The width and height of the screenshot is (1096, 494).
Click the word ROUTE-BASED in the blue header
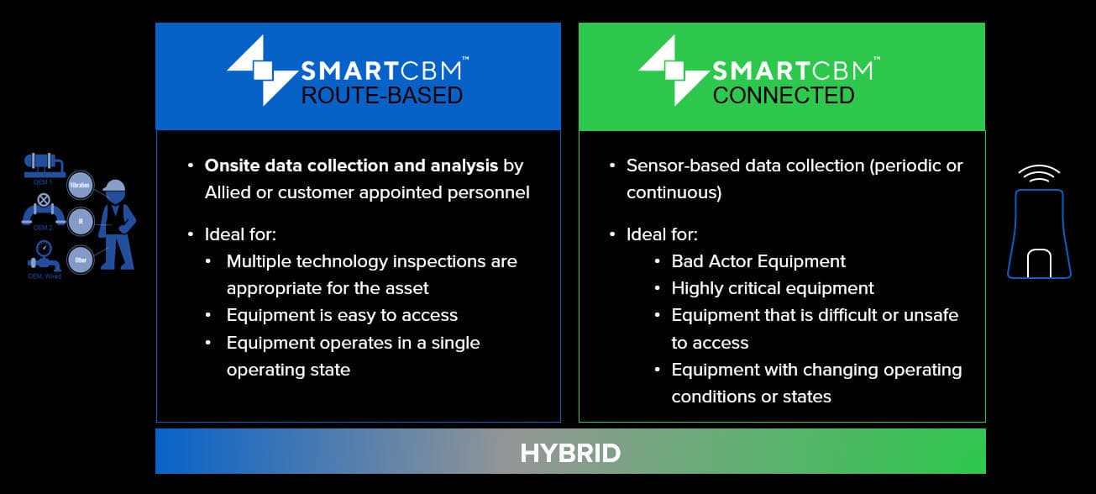(x=382, y=95)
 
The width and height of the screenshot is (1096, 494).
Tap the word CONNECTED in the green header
(x=783, y=95)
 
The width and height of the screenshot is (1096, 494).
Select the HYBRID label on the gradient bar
(x=570, y=454)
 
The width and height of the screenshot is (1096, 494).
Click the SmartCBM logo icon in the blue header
(x=262, y=70)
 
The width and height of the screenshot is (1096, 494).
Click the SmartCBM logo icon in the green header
(x=673, y=70)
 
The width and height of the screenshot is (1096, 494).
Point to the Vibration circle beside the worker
(x=80, y=184)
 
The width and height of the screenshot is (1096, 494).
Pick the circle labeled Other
(x=81, y=260)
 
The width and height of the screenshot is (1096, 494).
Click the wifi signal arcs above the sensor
(x=1040, y=173)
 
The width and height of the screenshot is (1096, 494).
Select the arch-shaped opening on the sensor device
(x=1040, y=262)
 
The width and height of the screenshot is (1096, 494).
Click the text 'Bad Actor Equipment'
(x=758, y=261)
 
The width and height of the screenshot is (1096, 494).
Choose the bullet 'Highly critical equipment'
(x=773, y=288)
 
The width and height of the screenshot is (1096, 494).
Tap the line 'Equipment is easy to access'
(x=342, y=315)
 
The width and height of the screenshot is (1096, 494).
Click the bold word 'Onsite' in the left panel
(x=233, y=166)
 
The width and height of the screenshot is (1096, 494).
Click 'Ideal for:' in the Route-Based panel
(x=240, y=234)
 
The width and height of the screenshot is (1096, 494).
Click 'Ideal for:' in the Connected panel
(x=662, y=234)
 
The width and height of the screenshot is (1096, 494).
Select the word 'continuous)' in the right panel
(x=674, y=192)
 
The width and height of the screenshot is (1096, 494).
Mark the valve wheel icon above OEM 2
(x=44, y=202)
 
